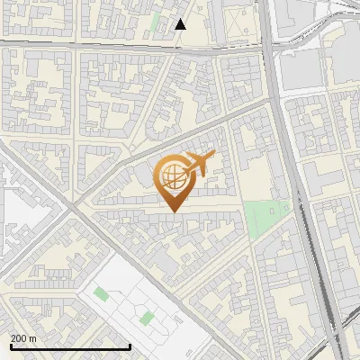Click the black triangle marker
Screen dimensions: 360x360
click(181, 24)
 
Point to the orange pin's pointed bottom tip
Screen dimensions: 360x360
click(172, 211)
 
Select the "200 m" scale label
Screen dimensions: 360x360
click(23, 337)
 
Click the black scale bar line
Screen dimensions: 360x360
click(70, 346)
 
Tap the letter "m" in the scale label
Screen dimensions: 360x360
click(32, 337)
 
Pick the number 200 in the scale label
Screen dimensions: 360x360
click(19, 337)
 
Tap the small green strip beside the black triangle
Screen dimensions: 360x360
click(154, 22)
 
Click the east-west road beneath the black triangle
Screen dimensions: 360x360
click(135, 46)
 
